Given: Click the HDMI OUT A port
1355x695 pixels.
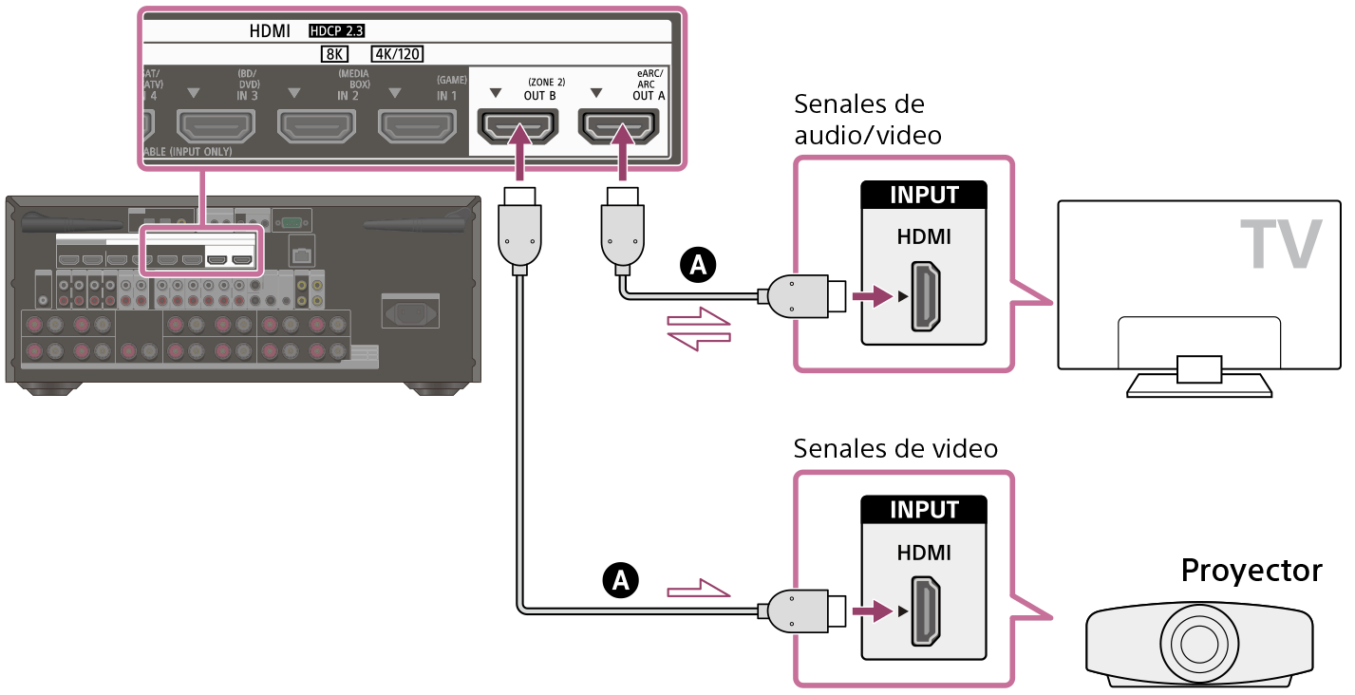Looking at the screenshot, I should click(618, 127).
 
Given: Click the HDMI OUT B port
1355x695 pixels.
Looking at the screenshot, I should click(518, 127).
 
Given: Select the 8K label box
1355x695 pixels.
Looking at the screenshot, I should click(336, 54).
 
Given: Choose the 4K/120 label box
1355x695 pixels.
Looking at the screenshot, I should click(397, 54).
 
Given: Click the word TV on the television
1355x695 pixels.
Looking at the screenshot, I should click(1279, 244).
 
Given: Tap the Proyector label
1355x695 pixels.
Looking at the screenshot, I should click(1251, 571).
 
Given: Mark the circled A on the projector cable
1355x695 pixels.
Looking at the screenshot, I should click(620, 578).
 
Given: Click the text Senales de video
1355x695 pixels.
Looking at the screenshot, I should click(894, 447).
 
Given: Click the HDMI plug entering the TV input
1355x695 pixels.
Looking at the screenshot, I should click(802, 297).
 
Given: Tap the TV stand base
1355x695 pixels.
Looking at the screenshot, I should click(1198, 384).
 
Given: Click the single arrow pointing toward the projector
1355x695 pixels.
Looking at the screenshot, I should click(700, 591).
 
